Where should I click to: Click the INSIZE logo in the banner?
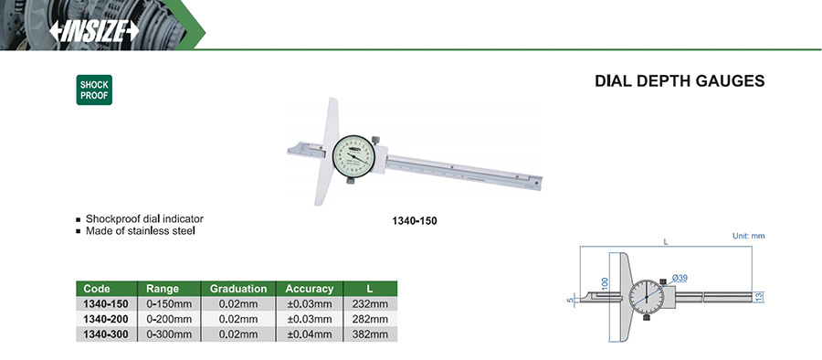(94, 31)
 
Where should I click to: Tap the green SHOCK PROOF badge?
(94, 90)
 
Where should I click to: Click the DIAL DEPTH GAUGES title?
(680, 81)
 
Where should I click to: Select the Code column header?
(98, 289)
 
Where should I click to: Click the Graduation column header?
(238, 289)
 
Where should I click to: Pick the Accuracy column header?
(310, 289)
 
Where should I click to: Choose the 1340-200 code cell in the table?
(106, 319)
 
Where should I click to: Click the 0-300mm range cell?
(169, 334)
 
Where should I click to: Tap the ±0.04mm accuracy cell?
(310, 334)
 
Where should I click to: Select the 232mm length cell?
(371, 304)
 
